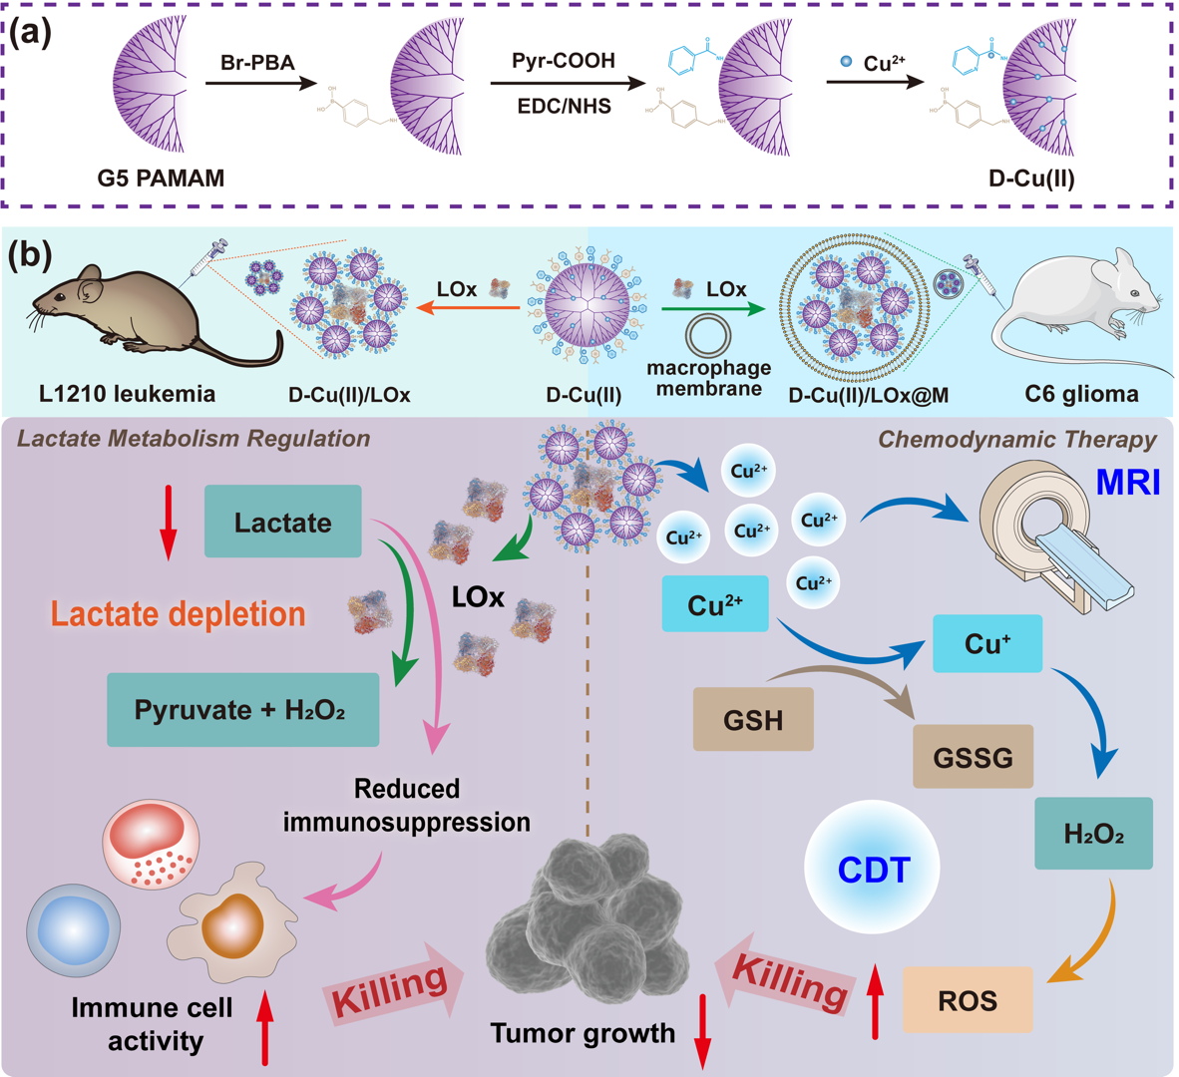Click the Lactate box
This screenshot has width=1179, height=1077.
pyautogui.click(x=282, y=522)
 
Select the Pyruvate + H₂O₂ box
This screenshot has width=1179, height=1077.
pyautogui.click(x=242, y=710)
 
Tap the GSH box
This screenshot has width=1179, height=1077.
pyautogui.click(x=753, y=719)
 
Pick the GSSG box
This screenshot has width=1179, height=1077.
pyautogui.click(x=973, y=758)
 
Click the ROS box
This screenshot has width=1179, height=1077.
pyautogui.click(x=967, y=999)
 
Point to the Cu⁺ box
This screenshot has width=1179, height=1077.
pyautogui.click(x=987, y=643)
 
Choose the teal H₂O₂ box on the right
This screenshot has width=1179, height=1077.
pyautogui.click(x=1093, y=834)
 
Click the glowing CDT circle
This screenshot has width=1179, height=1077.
pyautogui.click(x=873, y=869)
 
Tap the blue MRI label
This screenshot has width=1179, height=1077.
pyautogui.click(x=1128, y=483)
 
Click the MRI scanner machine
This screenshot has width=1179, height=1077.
pyautogui.click(x=1057, y=538)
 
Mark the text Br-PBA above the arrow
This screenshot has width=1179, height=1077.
pyautogui.click(x=257, y=63)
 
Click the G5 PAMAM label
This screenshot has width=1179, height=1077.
pyautogui.click(x=161, y=179)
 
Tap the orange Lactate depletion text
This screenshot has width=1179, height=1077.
pyautogui.click(x=179, y=614)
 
